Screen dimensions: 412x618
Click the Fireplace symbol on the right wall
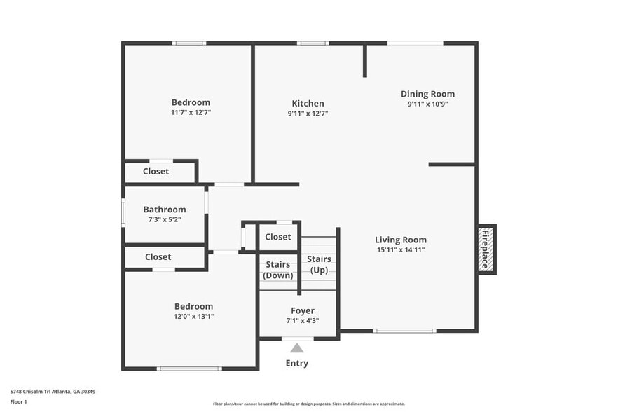(x=486, y=249)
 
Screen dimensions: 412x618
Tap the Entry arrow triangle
(x=297, y=348)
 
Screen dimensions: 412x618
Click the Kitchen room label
(x=308, y=104)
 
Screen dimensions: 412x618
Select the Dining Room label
(x=427, y=94)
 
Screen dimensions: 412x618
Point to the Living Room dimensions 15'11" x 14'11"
(x=400, y=249)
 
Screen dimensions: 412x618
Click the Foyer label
(x=303, y=310)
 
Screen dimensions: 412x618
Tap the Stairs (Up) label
(x=319, y=264)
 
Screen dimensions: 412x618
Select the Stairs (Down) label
(x=278, y=270)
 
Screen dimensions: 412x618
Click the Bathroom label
(x=165, y=210)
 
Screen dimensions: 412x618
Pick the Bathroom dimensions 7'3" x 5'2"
(x=165, y=220)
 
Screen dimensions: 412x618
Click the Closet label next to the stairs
(x=278, y=237)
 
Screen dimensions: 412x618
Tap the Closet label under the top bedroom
(x=156, y=172)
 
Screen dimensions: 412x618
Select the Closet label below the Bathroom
(x=158, y=257)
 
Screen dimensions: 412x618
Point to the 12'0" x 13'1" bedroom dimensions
(x=193, y=317)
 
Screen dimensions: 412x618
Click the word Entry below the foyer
(x=296, y=363)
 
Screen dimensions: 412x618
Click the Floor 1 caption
(x=18, y=401)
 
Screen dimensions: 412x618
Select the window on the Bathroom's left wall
(x=123, y=212)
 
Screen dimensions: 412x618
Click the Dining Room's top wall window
(x=415, y=43)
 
